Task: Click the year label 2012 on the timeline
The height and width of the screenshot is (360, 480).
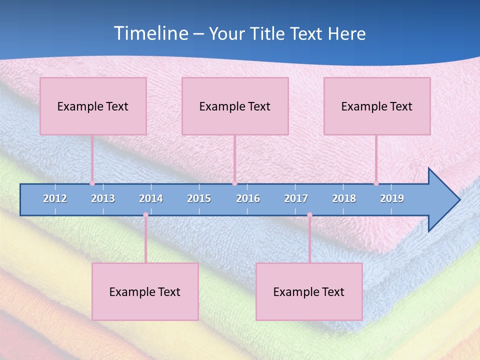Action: tap(55, 198)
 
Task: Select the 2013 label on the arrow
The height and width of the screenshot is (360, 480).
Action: tap(103, 198)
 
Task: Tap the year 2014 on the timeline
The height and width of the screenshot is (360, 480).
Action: tap(151, 198)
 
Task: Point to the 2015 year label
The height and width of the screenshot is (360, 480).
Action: tap(199, 198)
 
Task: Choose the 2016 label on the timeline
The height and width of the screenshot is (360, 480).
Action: tap(248, 198)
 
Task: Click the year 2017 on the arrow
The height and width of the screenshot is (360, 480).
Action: tap(296, 198)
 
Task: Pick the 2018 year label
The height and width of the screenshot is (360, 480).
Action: tap(344, 198)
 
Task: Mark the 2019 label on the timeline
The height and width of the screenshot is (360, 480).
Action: tap(392, 198)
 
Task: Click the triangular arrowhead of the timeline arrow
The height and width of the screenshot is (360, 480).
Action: tap(443, 200)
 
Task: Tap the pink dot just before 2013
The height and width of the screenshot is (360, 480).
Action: tap(92, 183)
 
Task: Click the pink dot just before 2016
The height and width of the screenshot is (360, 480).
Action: tap(234, 183)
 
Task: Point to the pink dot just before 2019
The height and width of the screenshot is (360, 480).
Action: tap(376, 183)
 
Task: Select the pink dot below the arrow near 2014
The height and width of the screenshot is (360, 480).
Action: tap(145, 215)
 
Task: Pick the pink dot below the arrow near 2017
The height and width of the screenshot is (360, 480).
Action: tap(309, 215)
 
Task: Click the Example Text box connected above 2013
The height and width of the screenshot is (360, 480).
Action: tap(93, 106)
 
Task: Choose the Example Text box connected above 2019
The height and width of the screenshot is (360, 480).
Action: tap(377, 106)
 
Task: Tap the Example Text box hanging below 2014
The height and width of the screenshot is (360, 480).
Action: tap(145, 291)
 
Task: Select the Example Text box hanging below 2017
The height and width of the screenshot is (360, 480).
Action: tap(309, 291)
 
